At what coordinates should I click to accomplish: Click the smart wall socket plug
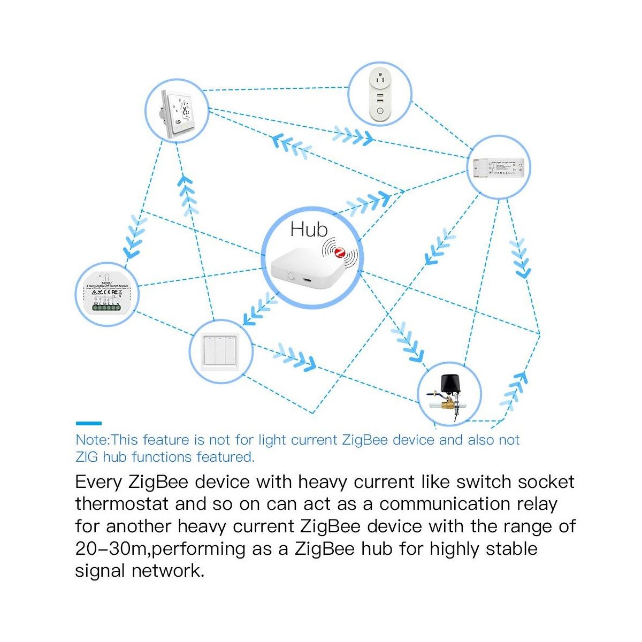click(379, 95)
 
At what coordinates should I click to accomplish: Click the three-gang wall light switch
click(220, 350)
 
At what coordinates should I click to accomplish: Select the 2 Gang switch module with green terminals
click(108, 295)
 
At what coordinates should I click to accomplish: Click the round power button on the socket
click(379, 111)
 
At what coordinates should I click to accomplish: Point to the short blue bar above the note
click(88, 423)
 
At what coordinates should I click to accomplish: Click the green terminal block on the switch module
click(108, 309)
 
